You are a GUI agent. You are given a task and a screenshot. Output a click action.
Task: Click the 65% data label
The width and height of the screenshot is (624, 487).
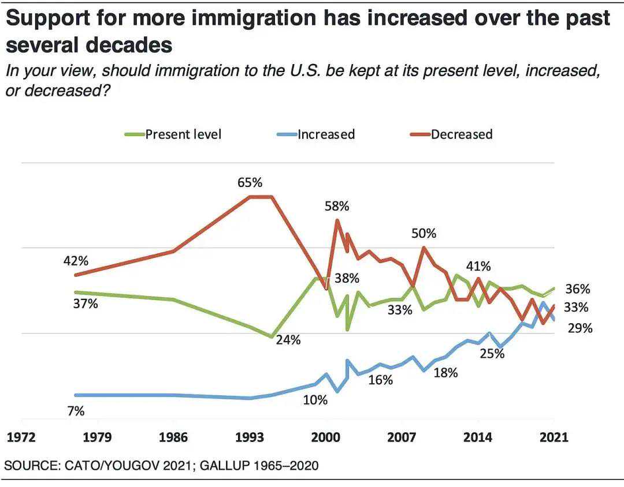click(x=250, y=182)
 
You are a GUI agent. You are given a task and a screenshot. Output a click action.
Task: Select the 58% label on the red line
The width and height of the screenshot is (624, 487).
click(x=337, y=206)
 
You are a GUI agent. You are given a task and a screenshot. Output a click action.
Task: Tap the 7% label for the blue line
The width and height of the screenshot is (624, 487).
click(x=76, y=411)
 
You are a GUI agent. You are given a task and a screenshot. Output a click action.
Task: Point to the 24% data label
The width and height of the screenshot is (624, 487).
click(x=288, y=340)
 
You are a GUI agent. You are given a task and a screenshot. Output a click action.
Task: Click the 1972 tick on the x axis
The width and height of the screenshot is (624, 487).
click(x=21, y=437)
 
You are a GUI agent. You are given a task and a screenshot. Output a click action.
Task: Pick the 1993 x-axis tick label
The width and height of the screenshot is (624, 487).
click(x=250, y=437)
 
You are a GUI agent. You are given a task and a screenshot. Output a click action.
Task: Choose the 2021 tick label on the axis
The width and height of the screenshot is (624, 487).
click(x=554, y=437)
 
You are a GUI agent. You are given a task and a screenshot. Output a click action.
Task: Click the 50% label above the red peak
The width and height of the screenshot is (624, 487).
click(x=424, y=234)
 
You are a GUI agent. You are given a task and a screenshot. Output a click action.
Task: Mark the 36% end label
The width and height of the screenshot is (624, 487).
click(x=578, y=289)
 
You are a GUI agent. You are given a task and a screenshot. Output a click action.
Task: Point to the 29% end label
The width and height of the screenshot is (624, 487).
click(x=580, y=328)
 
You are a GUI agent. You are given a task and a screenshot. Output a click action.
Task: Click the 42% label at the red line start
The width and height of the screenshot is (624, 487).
click(x=76, y=261)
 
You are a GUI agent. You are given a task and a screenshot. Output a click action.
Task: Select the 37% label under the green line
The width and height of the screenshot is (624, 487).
click(x=86, y=304)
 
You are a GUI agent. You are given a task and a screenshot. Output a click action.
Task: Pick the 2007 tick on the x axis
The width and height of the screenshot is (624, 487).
click(x=402, y=437)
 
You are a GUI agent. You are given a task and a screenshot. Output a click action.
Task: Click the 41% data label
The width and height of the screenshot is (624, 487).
click(x=478, y=266)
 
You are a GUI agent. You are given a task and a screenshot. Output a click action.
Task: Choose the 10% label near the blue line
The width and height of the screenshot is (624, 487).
click(x=315, y=399)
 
